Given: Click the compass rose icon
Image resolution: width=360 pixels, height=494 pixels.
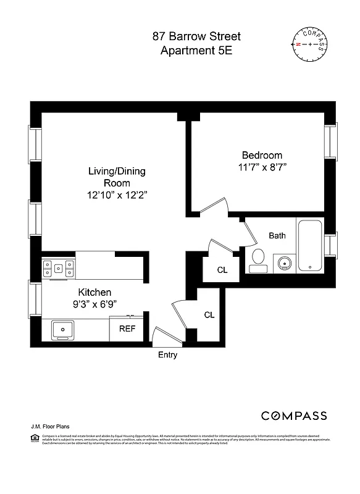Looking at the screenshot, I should tap(309, 45).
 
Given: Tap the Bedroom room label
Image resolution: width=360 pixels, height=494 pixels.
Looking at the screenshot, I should tap(262, 156).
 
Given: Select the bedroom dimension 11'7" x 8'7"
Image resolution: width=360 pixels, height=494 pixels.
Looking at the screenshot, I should tap(262, 167).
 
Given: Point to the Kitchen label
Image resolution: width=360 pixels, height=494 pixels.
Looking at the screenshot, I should tap(94, 292).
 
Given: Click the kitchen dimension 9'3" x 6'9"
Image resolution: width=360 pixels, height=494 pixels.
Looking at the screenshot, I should tap(94, 303).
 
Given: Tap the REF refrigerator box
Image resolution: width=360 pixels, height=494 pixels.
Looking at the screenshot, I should tap(127, 329).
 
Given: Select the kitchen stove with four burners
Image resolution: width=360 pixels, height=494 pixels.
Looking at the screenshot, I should tap(59, 269).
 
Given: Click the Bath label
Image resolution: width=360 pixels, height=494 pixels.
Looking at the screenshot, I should tap(277, 235).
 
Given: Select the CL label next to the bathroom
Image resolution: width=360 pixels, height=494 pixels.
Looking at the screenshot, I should tap(222, 270).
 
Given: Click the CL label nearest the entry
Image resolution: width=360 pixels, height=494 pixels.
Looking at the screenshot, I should tap(209, 315).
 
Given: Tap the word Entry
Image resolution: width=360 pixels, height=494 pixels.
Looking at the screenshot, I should tap(167, 354).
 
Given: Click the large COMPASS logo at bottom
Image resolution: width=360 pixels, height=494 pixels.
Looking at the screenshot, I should tap(293, 416).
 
